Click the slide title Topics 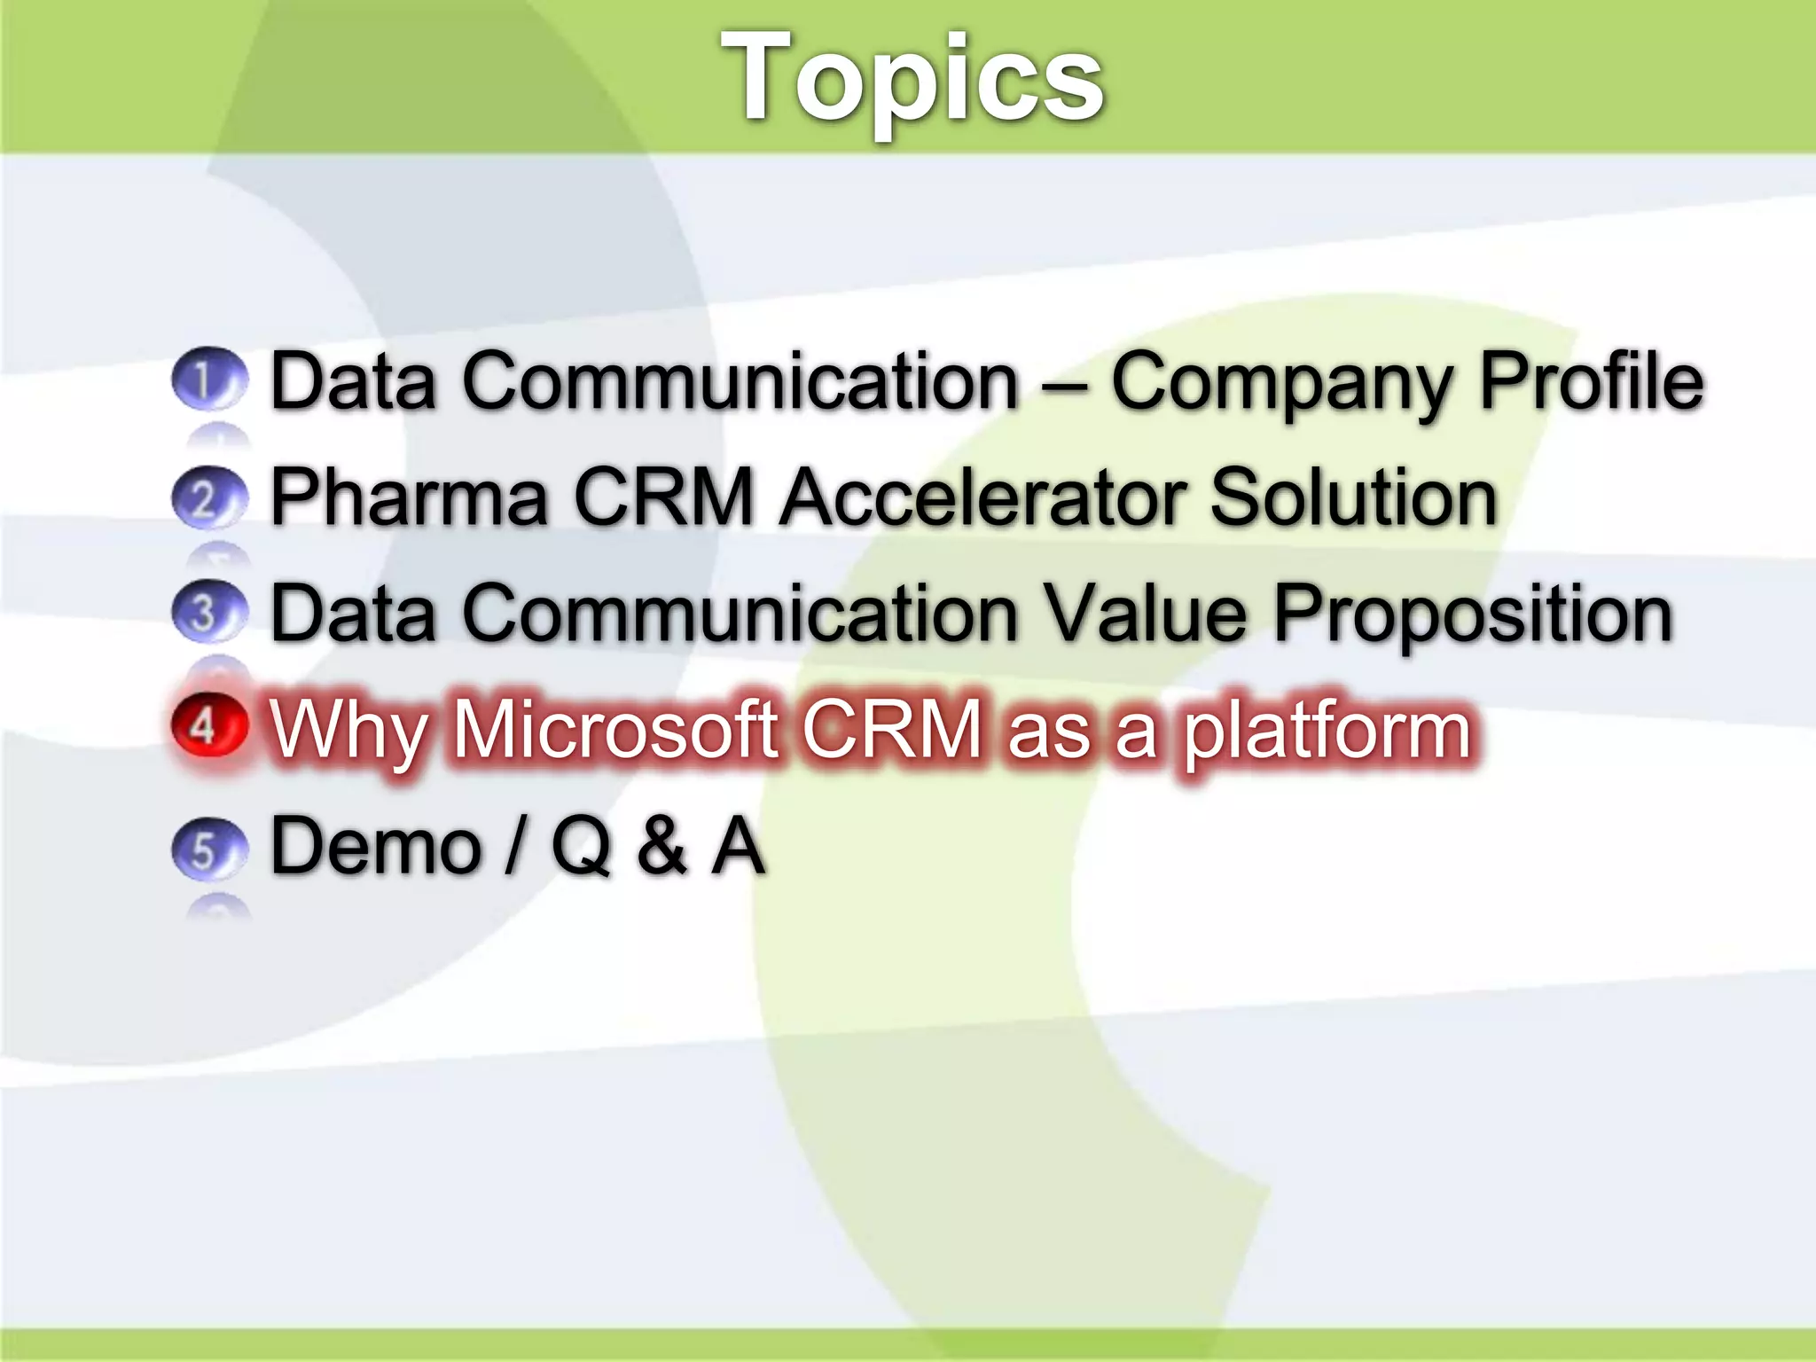(x=912, y=78)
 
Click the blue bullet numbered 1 (x=208, y=379)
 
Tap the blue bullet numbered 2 (x=208, y=497)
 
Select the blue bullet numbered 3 (x=208, y=612)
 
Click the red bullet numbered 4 (x=208, y=727)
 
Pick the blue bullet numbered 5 (x=208, y=849)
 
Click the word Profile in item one (x=1592, y=381)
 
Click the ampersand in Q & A (x=661, y=847)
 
